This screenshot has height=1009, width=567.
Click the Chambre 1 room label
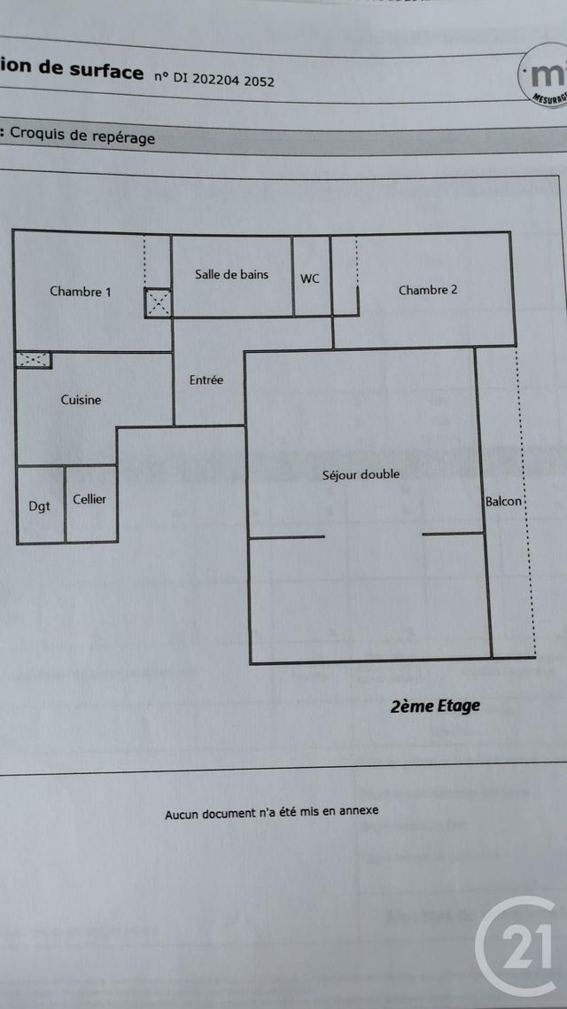[80, 292]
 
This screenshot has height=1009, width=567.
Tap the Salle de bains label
[231, 275]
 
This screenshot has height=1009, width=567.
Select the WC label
[310, 278]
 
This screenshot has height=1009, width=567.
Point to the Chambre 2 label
[428, 290]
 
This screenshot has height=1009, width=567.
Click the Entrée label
[206, 380]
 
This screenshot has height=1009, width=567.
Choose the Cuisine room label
[81, 400]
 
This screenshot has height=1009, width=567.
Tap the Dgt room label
[39, 506]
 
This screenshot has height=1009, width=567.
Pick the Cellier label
[89, 499]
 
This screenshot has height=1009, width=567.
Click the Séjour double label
[361, 474]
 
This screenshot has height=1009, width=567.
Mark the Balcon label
[504, 502]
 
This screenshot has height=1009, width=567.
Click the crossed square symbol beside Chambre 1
[159, 302]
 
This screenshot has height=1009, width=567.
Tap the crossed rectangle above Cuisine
[34, 359]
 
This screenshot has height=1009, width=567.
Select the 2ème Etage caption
[435, 706]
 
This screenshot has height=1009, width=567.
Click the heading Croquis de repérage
[82, 137]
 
